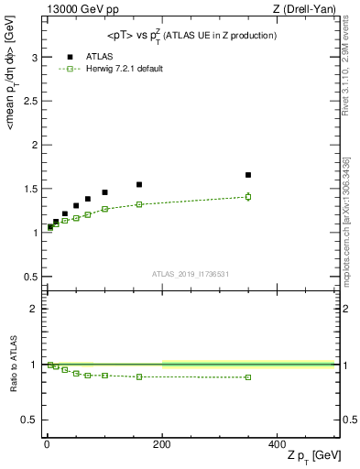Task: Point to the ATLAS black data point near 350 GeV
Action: click(248, 175)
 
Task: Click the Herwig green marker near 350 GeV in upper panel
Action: click(248, 196)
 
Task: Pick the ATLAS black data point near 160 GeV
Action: click(139, 184)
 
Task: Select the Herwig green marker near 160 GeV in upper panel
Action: click(139, 204)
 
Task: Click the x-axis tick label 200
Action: click(161, 443)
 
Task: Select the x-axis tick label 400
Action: click(277, 443)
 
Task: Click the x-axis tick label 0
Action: click(47, 443)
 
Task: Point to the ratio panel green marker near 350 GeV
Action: click(248, 377)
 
